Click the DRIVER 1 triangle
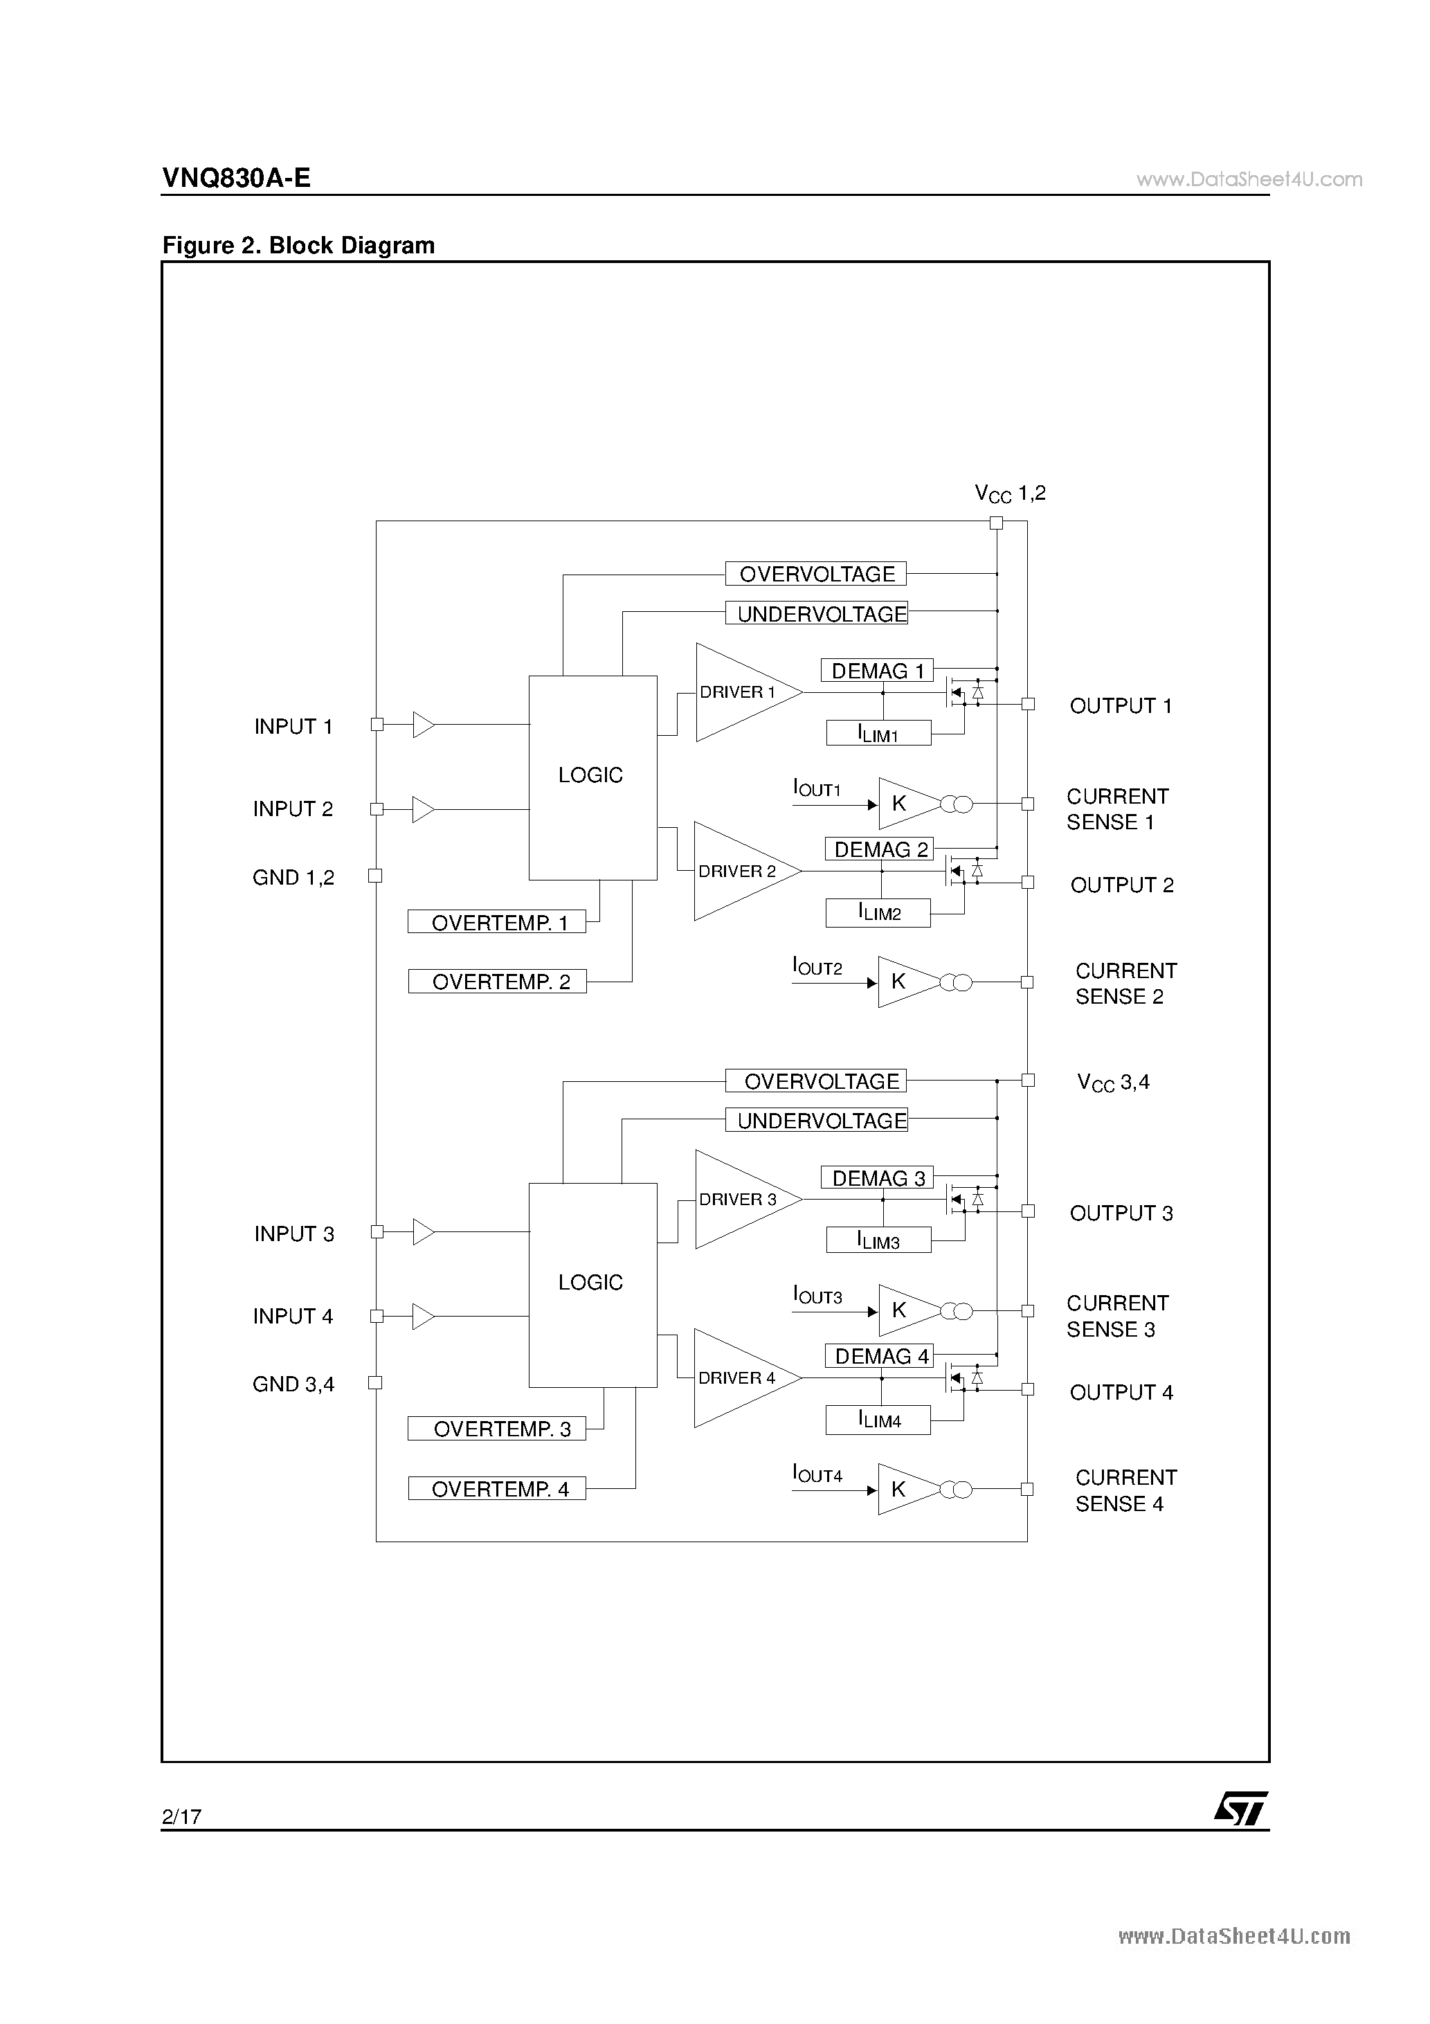748,692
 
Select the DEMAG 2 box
879,849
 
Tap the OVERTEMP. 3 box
496,1428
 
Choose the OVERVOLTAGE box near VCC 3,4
815,1081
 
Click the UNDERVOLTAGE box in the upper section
816,613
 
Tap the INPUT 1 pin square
377,725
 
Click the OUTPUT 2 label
1122,885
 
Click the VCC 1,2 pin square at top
996,523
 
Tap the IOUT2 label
817,967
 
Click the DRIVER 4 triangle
747,1378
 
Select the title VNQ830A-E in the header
236,178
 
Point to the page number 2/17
181,1816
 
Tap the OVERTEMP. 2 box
497,981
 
